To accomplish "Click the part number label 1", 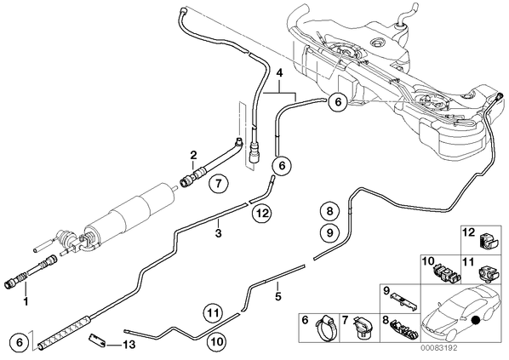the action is (26, 301).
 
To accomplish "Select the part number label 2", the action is (193, 155).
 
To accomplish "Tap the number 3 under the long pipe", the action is (219, 233).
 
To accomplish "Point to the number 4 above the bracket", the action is (279, 72).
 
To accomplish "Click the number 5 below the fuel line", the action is (277, 296).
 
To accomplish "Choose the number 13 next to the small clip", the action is (129, 345).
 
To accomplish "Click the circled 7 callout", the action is (218, 184).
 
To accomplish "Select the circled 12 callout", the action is (262, 214).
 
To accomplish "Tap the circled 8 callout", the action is (329, 211).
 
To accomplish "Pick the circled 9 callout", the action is (329, 232).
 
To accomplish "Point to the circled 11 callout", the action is (214, 313).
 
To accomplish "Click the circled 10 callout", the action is (217, 341).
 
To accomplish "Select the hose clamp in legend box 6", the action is (325, 329).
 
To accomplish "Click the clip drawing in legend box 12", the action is (487, 242).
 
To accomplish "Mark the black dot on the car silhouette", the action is (476, 320).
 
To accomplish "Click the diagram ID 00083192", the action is (439, 348).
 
